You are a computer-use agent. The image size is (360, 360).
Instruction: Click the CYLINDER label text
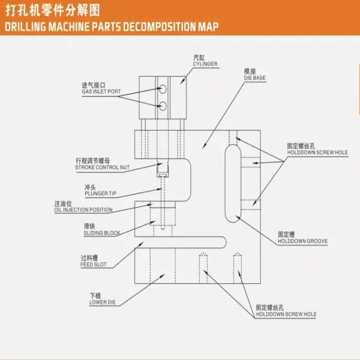coord(205,64)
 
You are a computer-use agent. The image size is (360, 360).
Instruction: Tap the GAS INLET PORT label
coord(101,91)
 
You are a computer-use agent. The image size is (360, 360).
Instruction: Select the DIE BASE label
coord(255,78)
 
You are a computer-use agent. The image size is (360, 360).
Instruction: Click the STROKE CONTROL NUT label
coord(102,167)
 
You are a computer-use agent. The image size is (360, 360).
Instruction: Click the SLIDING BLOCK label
coord(102,232)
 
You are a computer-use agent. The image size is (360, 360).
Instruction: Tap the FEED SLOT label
coord(93,263)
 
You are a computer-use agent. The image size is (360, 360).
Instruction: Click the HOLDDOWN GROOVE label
coord(302,241)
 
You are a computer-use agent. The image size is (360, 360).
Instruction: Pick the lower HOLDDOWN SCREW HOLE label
coord(286,314)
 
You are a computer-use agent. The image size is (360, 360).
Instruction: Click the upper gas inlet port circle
coord(161,89)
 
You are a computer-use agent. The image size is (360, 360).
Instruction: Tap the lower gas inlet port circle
coord(161,106)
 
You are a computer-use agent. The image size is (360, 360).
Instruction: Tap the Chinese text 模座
coord(251,71)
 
